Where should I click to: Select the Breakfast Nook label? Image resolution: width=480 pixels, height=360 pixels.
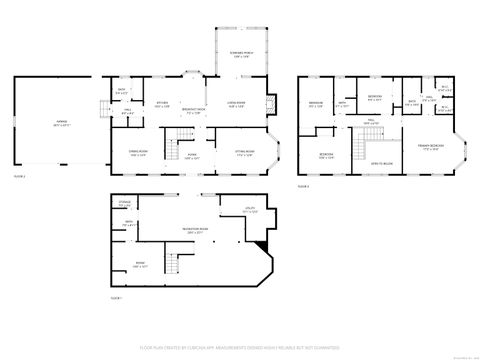pyautogui.click(x=196, y=111)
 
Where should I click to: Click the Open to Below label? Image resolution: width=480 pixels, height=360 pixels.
pyautogui.click(x=381, y=161)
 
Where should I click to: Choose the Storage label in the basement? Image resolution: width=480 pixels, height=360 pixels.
pyautogui.click(x=123, y=204)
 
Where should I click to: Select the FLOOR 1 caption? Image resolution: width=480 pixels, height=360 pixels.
pyautogui.click(x=115, y=297)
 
